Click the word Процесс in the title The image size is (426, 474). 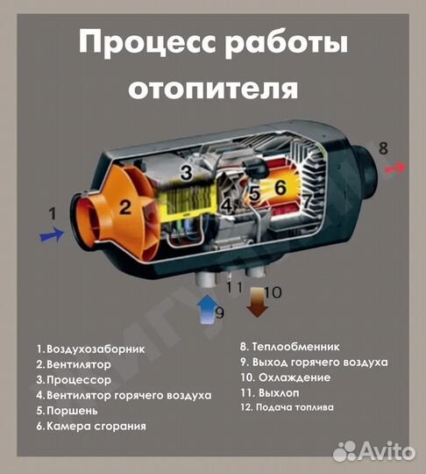[138, 43]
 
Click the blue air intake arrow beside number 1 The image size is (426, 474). [52, 234]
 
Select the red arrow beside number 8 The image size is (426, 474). [396, 167]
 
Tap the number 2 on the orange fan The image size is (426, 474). [125, 207]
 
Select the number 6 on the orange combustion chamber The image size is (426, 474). [280, 188]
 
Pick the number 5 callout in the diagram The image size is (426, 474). [254, 193]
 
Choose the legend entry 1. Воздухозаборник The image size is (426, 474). [90, 348]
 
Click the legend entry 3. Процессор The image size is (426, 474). [74, 380]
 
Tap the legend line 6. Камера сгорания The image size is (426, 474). [90, 426]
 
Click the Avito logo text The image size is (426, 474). [385, 451]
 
